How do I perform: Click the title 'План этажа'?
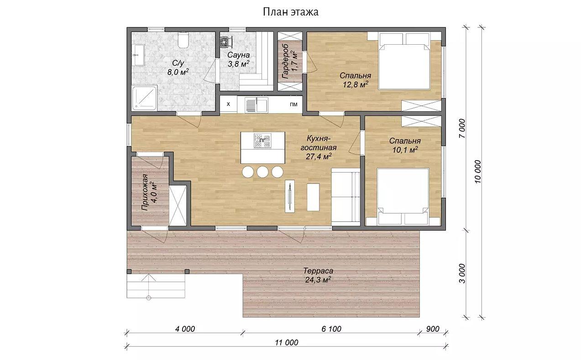click(x=291, y=12)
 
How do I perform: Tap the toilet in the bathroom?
click(x=183, y=40)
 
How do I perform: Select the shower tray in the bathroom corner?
click(x=145, y=98)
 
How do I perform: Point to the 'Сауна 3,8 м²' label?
click(x=239, y=59)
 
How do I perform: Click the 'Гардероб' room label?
click(x=286, y=62)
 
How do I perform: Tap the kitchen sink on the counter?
click(x=256, y=105)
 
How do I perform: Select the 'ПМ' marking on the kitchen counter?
click(x=293, y=104)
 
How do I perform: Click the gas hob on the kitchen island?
click(x=262, y=141)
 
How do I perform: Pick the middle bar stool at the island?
click(x=262, y=172)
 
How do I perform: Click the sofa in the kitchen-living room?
click(x=346, y=195)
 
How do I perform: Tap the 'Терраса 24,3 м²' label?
click(x=318, y=275)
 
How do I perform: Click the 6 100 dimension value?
click(x=331, y=329)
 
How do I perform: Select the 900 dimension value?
click(x=433, y=329)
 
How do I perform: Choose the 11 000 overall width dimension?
click(x=287, y=342)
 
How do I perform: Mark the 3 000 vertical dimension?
click(x=462, y=273)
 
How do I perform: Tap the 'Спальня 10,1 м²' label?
click(x=405, y=145)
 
